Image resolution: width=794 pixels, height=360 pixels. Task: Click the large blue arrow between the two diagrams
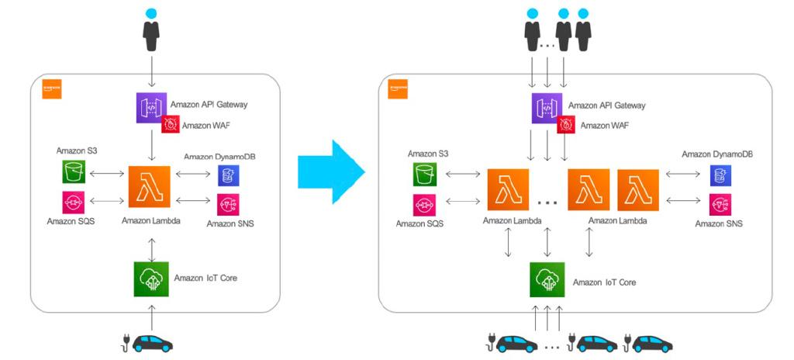(330, 171)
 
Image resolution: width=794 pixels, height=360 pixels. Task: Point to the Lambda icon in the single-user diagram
(149, 187)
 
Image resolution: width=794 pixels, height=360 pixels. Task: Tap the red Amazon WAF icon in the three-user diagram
(564, 124)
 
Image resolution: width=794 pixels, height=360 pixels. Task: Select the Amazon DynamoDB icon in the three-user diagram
(720, 175)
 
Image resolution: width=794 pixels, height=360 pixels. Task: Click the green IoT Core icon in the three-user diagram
(547, 279)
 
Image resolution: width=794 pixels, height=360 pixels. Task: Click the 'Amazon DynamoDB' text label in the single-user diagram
(219, 157)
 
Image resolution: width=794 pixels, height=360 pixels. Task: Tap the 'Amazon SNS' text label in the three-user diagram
(718, 223)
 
